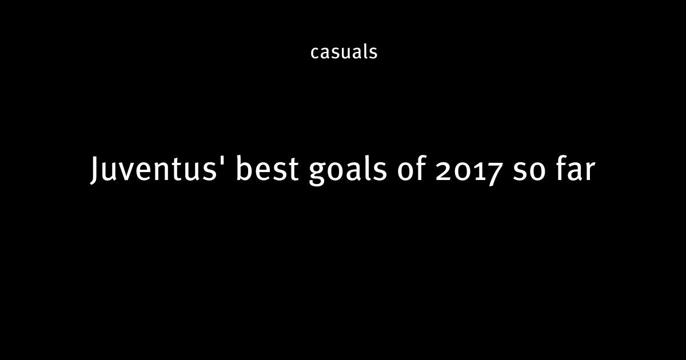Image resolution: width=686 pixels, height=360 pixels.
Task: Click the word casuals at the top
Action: (344, 52)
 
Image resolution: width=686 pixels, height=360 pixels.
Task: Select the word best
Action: (268, 168)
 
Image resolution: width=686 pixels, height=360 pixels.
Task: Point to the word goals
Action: (348, 171)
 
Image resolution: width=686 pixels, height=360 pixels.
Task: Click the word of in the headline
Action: (412, 168)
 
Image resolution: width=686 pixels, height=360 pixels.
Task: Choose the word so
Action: (529, 172)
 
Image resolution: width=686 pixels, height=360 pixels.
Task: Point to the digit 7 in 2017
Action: (494, 174)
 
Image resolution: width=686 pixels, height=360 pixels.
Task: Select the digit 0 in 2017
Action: (462, 172)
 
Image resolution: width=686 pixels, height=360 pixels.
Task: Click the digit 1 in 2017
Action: (478, 171)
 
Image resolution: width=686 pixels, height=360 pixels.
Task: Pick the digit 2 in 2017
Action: (444, 171)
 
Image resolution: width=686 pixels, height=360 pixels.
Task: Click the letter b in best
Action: (245, 168)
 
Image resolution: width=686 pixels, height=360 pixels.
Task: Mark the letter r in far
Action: (589, 172)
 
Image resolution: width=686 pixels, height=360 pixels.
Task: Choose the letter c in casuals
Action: (316, 53)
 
